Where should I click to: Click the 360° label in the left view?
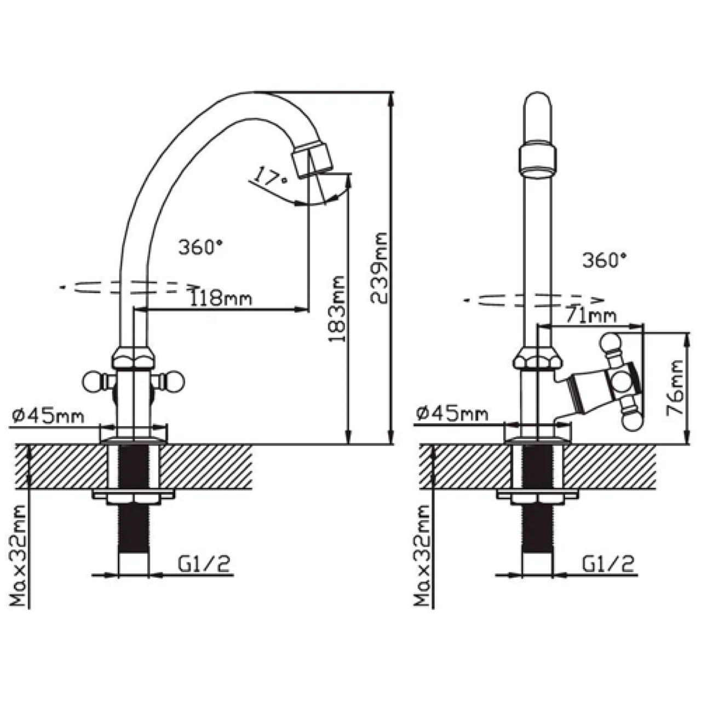click(x=199, y=247)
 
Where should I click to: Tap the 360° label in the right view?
click(x=604, y=260)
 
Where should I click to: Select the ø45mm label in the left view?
click(x=48, y=416)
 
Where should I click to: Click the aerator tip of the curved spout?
click(x=313, y=159)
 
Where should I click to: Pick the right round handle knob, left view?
click(x=175, y=381)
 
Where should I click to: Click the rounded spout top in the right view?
click(x=539, y=104)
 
